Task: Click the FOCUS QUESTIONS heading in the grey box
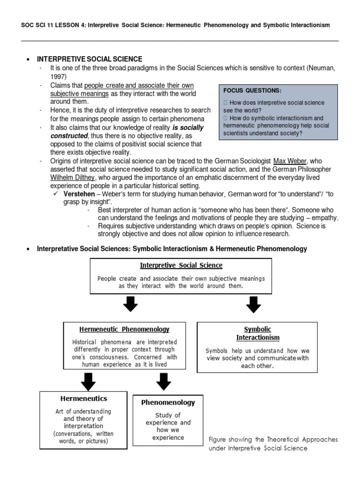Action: click(x=252, y=90)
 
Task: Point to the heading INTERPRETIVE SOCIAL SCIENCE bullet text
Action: click(x=90, y=59)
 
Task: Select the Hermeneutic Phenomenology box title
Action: click(x=124, y=330)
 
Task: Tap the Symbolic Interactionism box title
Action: click(x=257, y=333)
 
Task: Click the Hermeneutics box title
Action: click(x=84, y=398)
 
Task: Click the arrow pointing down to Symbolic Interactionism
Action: click(x=254, y=306)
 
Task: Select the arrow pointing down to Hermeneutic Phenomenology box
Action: click(x=130, y=304)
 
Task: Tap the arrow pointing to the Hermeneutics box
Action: click(x=88, y=382)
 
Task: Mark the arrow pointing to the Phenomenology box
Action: click(x=164, y=382)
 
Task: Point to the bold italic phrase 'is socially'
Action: click(x=188, y=127)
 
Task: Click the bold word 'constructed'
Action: click(x=68, y=135)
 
